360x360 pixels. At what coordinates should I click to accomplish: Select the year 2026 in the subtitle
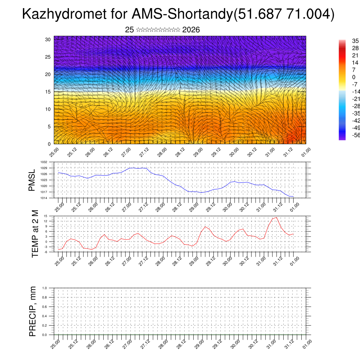[x=191, y=30]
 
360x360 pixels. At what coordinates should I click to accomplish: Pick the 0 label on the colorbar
[x=349, y=77]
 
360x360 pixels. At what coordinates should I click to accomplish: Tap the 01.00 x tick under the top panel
[x=306, y=152]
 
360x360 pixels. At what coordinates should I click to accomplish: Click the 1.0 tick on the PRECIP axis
[x=44, y=288]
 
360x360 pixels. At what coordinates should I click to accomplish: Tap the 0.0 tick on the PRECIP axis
[x=44, y=335]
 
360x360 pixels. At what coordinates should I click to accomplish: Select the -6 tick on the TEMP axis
[x=46, y=252]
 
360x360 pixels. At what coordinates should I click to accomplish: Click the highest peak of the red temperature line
[x=277, y=217]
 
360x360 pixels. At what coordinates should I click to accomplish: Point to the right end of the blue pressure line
[x=293, y=197]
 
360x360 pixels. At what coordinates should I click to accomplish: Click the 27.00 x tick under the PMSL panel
[x=126, y=206]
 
